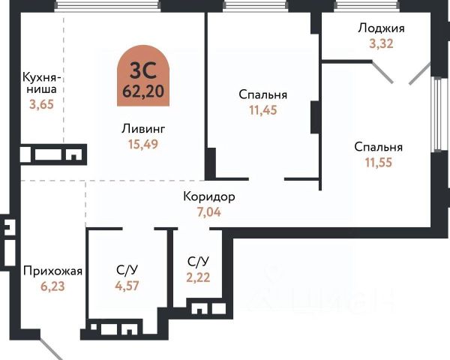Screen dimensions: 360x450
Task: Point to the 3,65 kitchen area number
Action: click(40, 105)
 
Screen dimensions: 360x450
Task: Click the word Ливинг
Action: click(142, 128)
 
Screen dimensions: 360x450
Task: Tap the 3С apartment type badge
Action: click(143, 70)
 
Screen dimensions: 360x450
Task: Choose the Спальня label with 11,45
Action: click(263, 95)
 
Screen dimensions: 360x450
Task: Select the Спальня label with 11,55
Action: click(379, 147)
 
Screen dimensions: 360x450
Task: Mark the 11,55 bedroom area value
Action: click(379, 161)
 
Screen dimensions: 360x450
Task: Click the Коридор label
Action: click(209, 197)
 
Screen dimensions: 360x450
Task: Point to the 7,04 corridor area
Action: click(209, 211)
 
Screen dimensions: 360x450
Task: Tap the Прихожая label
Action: click(52, 271)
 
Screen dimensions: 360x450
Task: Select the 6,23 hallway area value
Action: click(52, 286)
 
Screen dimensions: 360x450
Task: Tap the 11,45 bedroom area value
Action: click(263, 109)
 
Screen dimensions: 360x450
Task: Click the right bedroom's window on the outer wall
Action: click(435, 112)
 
